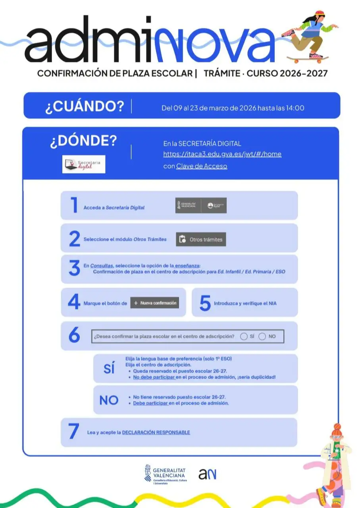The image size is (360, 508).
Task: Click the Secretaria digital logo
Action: click(84, 164)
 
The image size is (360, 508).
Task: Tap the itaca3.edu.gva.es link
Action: click(222, 154)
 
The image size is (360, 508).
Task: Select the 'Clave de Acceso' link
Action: click(202, 166)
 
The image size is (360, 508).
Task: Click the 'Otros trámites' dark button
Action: click(201, 239)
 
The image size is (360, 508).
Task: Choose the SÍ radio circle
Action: click(244, 336)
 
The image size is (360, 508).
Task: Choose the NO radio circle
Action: click(262, 336)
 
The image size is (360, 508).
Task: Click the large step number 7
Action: click(74, 432)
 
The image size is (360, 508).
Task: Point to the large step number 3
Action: click(74, 268)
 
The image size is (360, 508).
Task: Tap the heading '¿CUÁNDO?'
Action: click(85, 106)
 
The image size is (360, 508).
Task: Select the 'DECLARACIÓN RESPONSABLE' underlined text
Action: click(156, 432)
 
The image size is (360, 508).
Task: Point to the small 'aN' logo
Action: click(208, 474)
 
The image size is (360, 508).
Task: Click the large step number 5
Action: click(205, 304)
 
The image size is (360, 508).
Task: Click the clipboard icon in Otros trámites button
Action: click(182, 239)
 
